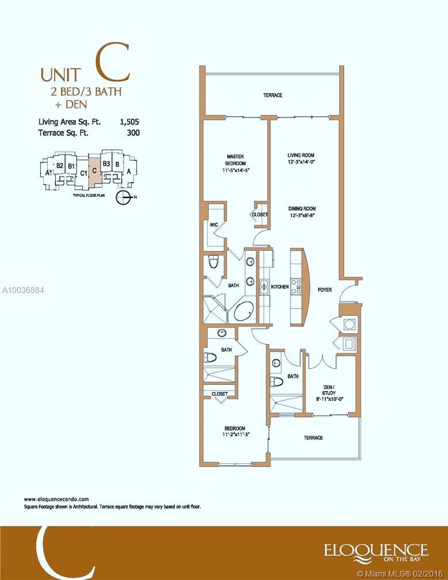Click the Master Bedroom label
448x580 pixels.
point(235,160)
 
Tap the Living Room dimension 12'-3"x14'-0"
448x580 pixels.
point(301,162)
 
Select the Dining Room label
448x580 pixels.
point(302,209)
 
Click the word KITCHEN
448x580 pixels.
point(280,287)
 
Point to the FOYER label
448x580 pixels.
point(325,289)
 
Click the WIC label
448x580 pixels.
point(214,224)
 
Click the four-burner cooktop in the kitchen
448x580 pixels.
point(296,287)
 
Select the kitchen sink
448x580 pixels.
point(265,287)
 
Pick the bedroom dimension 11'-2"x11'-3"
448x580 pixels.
point(234,435)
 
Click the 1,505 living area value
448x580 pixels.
point(129,122)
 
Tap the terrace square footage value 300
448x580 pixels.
point(133,132)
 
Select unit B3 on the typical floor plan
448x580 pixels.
point(106,163)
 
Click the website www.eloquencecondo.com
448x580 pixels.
point(56,499)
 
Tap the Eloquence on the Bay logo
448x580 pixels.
point(376,551)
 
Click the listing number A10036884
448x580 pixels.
point(22,290)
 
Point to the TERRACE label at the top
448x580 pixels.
point(273,95)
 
